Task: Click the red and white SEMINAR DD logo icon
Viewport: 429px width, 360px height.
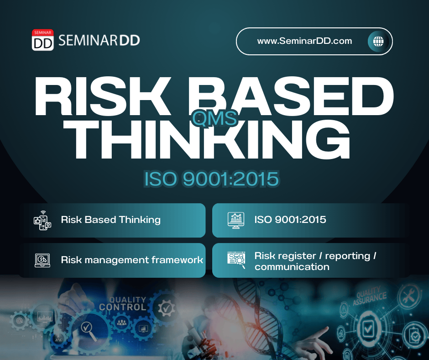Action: pos(43,40)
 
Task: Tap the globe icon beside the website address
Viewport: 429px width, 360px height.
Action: pos(378,42)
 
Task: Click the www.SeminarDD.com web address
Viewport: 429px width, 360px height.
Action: pos(304,41)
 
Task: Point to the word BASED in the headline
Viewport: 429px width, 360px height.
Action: pos(291,96)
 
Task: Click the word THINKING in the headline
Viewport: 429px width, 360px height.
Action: pos(207,139)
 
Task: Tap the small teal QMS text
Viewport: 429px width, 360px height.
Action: pos(214,119)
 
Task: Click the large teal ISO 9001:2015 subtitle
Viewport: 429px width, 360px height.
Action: pos(211,179)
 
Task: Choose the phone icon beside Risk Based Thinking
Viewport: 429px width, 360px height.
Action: pos(42,220)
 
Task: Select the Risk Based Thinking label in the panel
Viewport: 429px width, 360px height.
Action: pos(111,220)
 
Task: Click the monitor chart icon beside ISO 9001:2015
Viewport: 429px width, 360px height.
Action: pos(236,220)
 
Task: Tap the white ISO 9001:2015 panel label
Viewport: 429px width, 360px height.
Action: pos(290,220)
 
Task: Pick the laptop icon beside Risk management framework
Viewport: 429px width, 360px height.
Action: pos(42,260)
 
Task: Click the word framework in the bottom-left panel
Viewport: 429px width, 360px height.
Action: pos(177,260)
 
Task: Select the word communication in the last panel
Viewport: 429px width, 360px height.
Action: pos(292,267)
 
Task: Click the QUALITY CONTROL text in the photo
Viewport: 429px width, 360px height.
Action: pos(123,303)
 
